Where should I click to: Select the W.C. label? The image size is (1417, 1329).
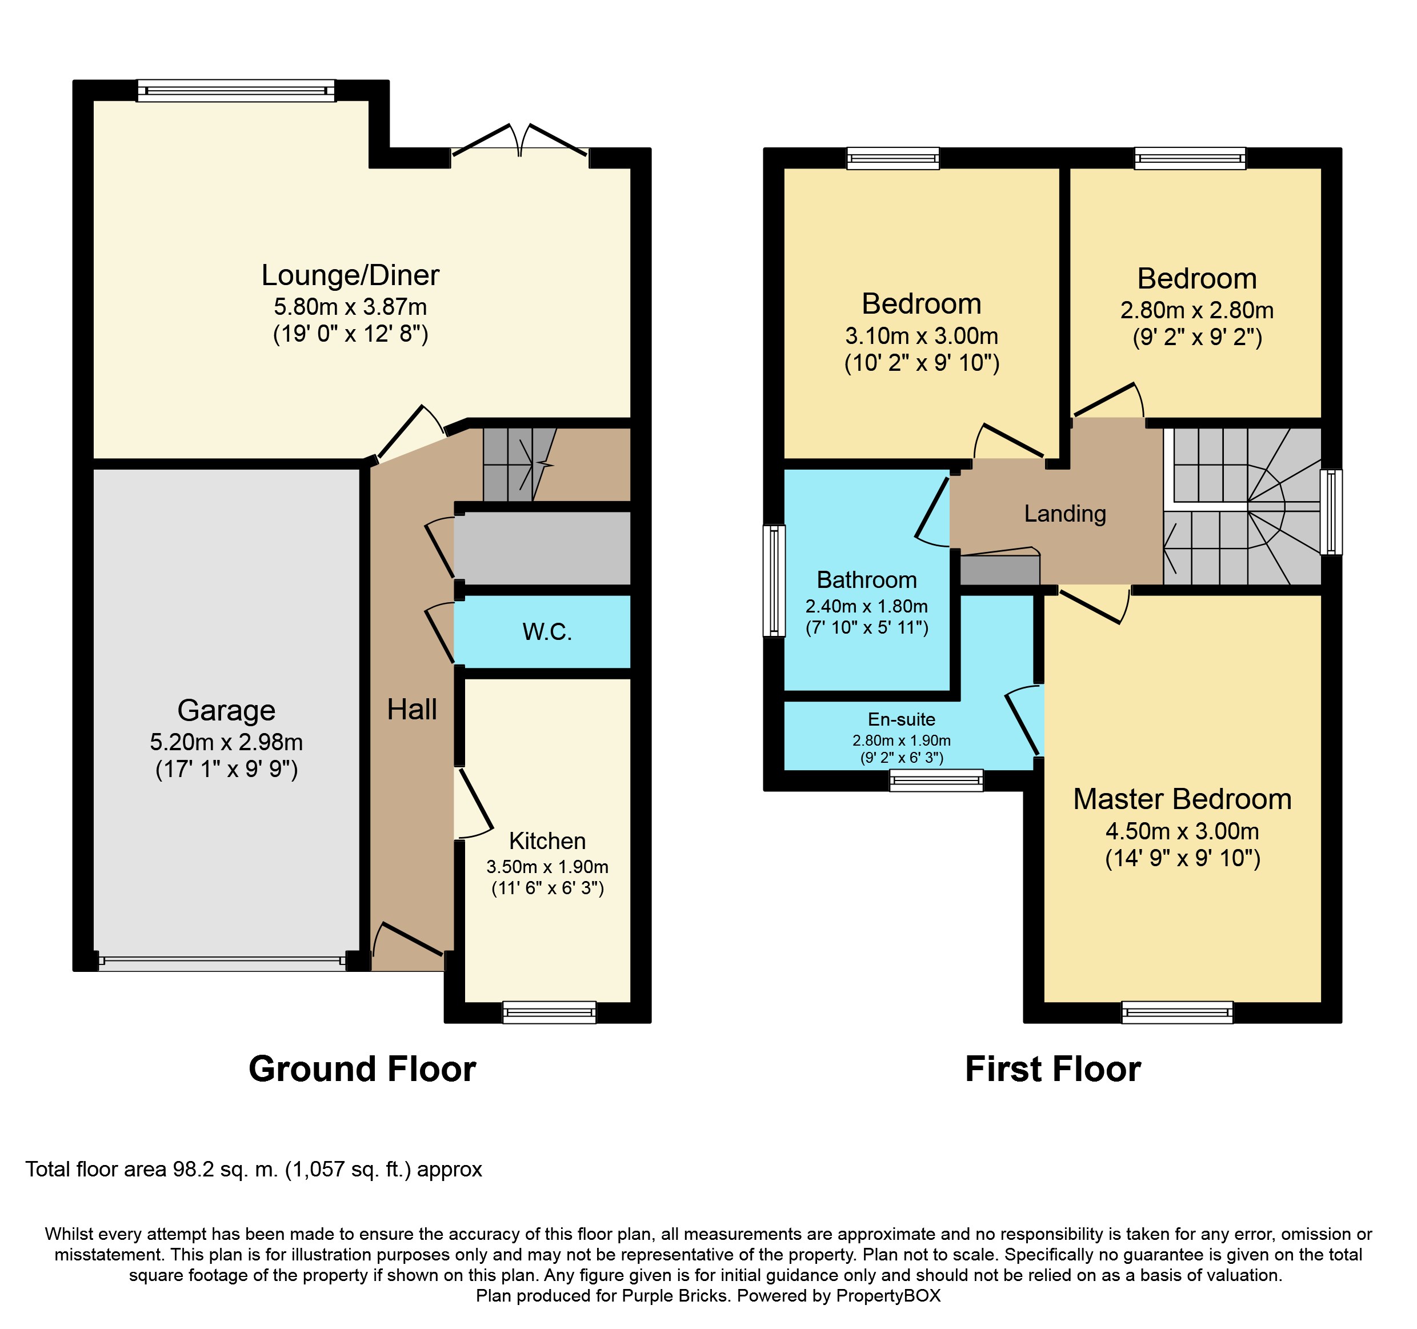pyautogui.click(x=547, y=631)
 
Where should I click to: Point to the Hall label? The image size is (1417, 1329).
pyautogui.click(x=412, y=710)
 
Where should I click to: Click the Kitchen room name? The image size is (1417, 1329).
pyautogui.click(x=547, y=841)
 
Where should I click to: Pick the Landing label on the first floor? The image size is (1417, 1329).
pyautogui.click(x=1065, y=514)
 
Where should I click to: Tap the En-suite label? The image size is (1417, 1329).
pyautogui.click(x=901, y=720)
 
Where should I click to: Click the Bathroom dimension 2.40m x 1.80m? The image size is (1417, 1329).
pyautogui.click(x=867, y=606)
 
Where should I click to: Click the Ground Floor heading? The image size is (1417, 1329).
pyautogui.click(x=362, y=1069)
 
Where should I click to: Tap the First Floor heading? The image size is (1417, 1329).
pyautogui.click(x=1053, y=1069)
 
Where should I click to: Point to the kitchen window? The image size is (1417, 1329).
pyautogui.click(x=549, y=1012)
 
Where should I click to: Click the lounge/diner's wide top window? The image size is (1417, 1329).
pyautogui.click(x=236, y=90)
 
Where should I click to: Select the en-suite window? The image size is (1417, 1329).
pyautogui.click(x=936, y=780)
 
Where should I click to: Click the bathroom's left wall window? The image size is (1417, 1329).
pyautogui.click(x=774, y=580)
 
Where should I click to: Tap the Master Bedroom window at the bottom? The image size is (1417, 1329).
pyautogui.click(x=1178, y=1012)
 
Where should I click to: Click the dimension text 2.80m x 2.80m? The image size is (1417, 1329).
pyautogui.click(x=1197, y=310)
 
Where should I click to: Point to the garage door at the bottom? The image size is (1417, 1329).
pyautogui.click(x=222, y=960)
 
